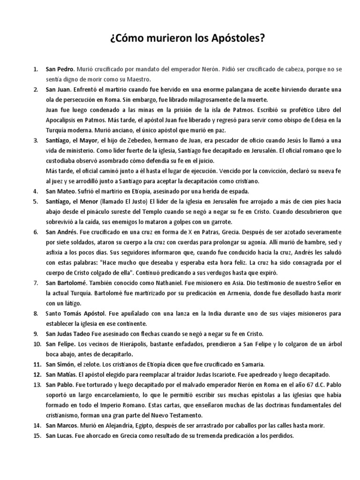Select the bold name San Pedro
tap(59, 69)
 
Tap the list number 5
tap(36, 201)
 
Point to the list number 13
tap(37, 384)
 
